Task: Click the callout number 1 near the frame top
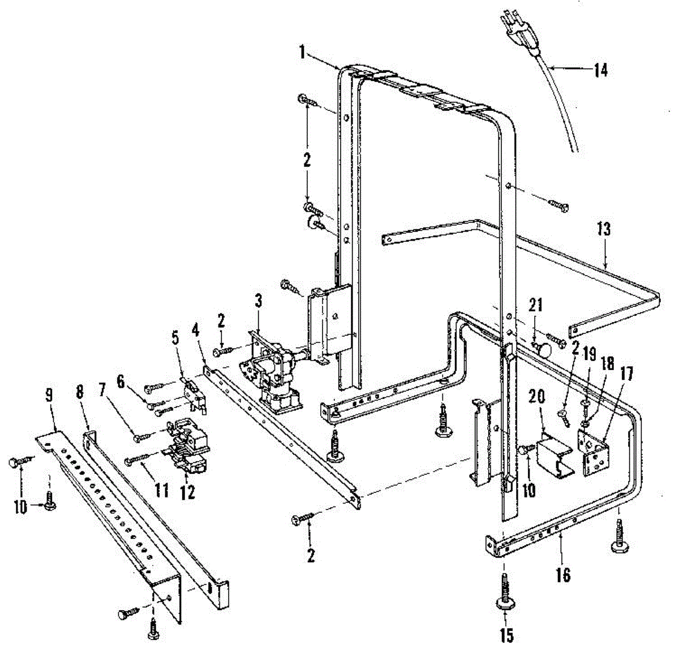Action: [x=303, y=53]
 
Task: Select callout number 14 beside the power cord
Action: [x=600, y=70]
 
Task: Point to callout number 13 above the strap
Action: [x=604, y=229]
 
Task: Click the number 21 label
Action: [x=535, y=304]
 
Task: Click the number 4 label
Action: [x=196, y=329]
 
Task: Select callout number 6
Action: [x=121, y=381]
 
